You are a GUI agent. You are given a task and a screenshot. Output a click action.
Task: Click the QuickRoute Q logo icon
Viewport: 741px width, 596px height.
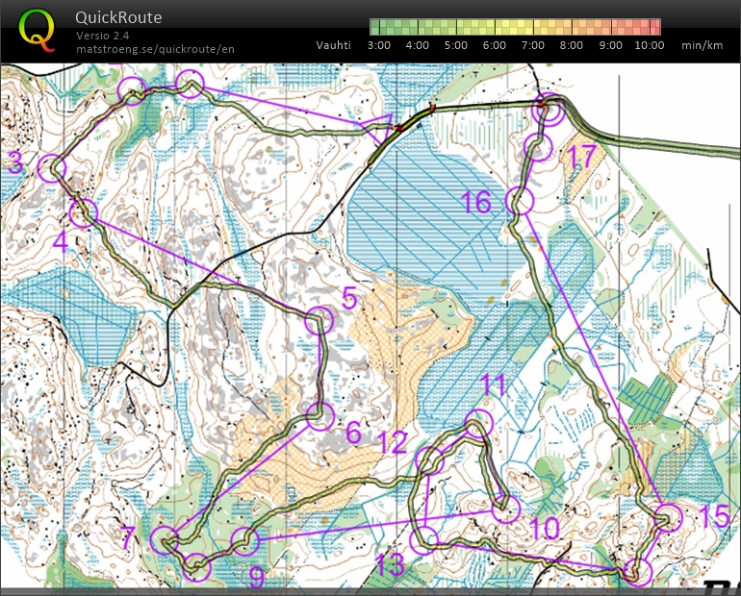pos(37,29)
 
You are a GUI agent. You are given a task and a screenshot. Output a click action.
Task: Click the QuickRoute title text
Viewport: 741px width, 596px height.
pos(118,17)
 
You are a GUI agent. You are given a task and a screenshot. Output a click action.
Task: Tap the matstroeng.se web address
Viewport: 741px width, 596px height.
pos(155,49)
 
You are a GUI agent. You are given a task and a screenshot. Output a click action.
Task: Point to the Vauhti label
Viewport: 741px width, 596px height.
pos(334,45)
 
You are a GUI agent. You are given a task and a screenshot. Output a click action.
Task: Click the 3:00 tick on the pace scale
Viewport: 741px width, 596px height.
pos(378,45)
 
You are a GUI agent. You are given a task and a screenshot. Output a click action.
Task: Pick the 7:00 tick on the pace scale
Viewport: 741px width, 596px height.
pos(532,45)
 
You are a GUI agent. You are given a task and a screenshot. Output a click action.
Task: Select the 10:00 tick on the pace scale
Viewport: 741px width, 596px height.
pos(650,45)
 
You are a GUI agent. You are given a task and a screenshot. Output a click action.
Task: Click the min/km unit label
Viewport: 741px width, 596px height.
pos(703,45)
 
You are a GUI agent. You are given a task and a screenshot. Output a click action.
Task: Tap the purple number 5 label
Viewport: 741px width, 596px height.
pos(349,298)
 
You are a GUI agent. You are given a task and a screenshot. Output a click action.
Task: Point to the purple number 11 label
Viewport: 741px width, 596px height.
pos(494,385)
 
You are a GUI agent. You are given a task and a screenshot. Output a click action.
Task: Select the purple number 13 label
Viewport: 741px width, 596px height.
pos(390,565)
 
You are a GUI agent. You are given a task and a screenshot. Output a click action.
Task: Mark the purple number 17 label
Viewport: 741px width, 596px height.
pos(583,154)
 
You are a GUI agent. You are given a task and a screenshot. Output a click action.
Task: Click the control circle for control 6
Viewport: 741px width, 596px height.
pos(319,416)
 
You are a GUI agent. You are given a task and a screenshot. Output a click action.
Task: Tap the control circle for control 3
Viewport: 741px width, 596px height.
pos(52,168)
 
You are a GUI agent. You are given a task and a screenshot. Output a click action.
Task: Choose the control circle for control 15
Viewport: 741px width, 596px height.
pos(668,517)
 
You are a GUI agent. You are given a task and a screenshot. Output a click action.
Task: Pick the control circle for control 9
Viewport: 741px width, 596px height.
pos(246,541)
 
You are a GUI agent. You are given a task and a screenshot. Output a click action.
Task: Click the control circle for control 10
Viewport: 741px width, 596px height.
pos(506,509)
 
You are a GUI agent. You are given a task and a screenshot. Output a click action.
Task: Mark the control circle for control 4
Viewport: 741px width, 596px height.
pos(84,212)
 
